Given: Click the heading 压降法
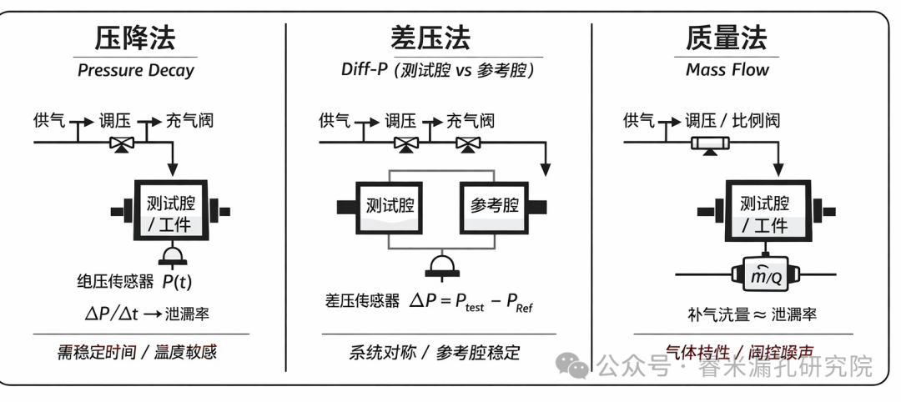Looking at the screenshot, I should click(135, 38).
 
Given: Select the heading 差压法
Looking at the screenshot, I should click(430, 38).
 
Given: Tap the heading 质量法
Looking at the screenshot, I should click(727, 38).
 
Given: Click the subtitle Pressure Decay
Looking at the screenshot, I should click(135, 70).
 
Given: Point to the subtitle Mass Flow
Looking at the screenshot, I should click(727, 70).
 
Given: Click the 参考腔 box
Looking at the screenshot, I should click(495, 205).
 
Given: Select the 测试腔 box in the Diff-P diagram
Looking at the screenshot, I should click(390, 205).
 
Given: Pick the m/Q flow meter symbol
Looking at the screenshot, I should click(765, 274).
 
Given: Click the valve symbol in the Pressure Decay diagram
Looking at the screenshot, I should click(123, 143).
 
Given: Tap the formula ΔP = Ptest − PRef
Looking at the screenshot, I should click(471, 303).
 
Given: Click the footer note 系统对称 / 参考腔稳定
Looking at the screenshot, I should click(434, 352).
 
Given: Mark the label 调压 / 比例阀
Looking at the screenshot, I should click(732, 120).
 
